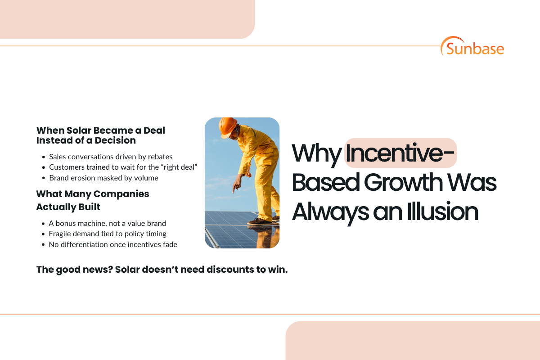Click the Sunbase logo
(x=472, y=46)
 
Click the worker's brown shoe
(x=260, y=221)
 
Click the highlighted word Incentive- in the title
(x=400, y=153)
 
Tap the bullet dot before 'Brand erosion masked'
(x=43, y=178)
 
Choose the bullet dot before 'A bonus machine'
(x=43, y=223)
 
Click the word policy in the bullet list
(x=137, y=234)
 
